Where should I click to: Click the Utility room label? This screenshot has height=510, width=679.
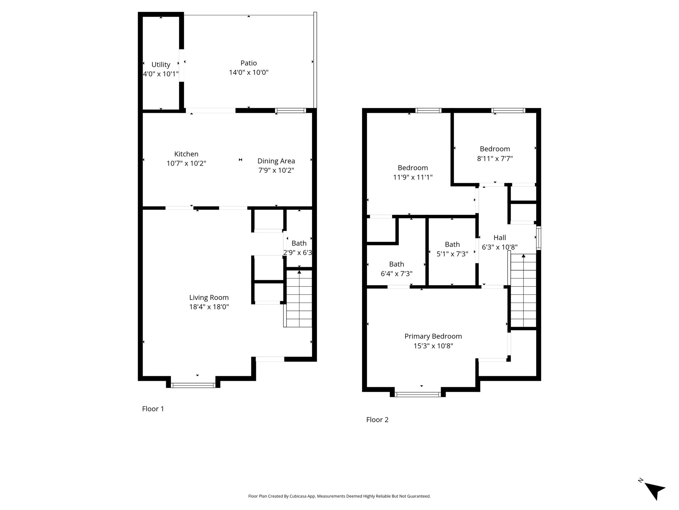tap(161, 64)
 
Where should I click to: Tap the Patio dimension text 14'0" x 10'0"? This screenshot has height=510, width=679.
tap(249, 72)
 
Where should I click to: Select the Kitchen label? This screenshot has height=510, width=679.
tap(186, 154)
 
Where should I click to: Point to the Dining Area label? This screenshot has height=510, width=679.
tap(276, 161)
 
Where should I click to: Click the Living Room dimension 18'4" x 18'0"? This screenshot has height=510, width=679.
tap(209, 307)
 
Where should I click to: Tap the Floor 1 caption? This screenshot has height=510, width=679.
tap(153, 409)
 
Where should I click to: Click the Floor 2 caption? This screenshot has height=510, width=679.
tap(377, 420)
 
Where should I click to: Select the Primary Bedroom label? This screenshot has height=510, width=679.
tap(433, 336)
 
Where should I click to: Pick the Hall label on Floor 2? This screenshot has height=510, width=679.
tap(500, 238)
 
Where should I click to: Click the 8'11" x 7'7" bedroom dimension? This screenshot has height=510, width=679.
tap(495, 159)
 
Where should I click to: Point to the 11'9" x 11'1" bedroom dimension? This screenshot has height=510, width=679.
tap(413, 177)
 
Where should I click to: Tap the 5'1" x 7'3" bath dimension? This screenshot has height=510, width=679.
tap(452, 254)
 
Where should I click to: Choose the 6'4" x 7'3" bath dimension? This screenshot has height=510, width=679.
tap(397, 274)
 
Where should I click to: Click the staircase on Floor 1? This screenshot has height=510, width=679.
tap(299, 299)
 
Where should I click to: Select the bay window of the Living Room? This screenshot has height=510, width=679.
tap(193, 385)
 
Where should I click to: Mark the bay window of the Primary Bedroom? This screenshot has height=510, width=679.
tap(418, 394)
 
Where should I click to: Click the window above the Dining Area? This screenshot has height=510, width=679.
tap(290, 111)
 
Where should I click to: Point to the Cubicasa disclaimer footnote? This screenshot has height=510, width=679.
tap(339, 496)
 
